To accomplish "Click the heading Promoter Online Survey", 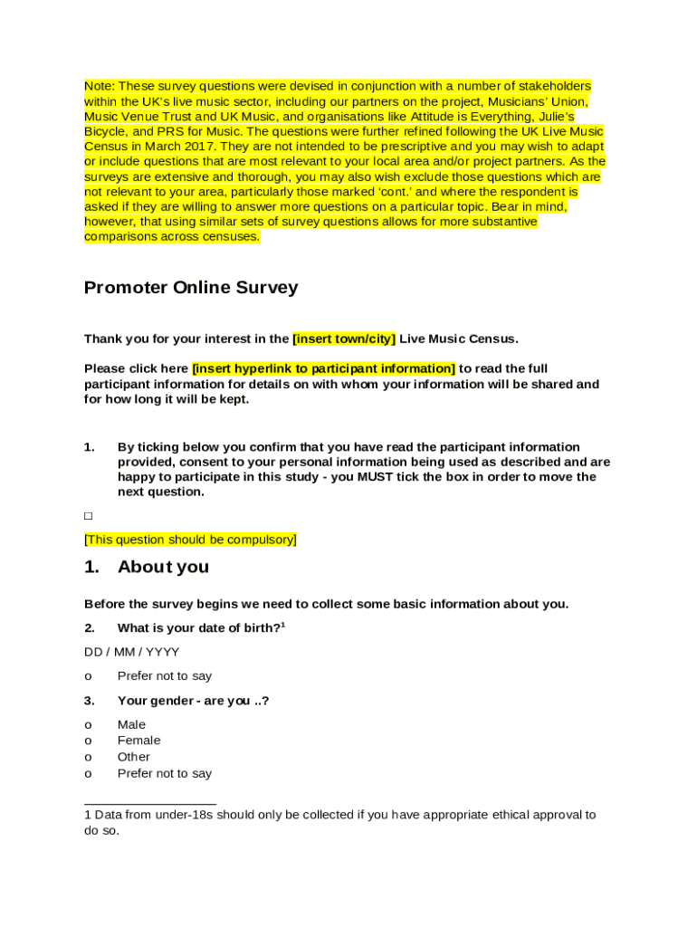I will (x=191, y=288).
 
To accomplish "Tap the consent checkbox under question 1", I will (x=89, y=516).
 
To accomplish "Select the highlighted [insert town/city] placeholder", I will (x=344, y=339).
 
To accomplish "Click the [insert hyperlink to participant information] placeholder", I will (x=323, y=368).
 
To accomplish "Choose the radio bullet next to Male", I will (x=88, y=725).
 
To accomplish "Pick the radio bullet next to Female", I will (x=88, y=741).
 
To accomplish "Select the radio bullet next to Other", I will (x=88, y=757).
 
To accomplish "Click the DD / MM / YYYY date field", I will (x=131, y=652).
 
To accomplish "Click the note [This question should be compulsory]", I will (x=190, y=540).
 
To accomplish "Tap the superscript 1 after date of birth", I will (x=283, y=625).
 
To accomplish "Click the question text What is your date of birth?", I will (x=198, y=628).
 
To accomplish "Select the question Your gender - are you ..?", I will (x=193, y=701).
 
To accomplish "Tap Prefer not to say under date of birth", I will (x=165, y=676).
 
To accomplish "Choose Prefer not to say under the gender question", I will (x=165, y=773).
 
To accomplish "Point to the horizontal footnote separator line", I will (x=150, y=803).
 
